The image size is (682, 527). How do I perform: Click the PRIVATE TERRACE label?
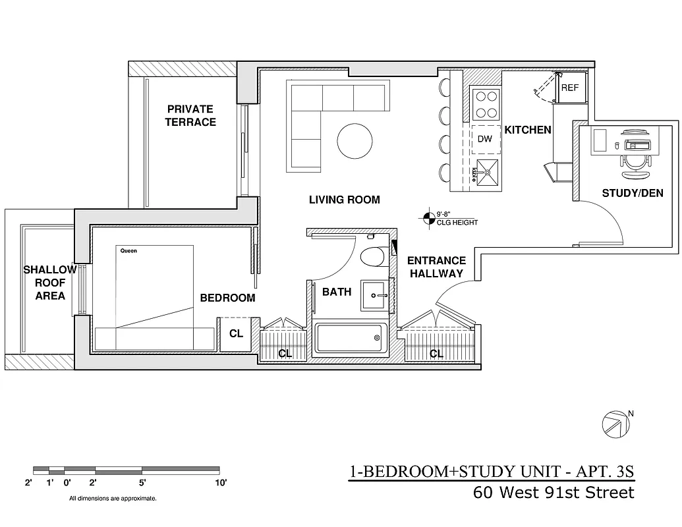(x=190, y=115)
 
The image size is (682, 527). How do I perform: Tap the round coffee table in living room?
(x=355, y=140)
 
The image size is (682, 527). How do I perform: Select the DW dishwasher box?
(x=485, y=139)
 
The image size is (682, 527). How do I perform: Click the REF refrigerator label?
(x=569, y=87)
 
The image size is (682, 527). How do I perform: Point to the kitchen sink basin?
(x=486, y=172)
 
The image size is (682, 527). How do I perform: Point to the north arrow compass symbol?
(x=614, y=424)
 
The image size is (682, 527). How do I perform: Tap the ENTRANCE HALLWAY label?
(x=436, y=267)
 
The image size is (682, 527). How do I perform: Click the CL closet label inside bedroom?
(x=236, y=334)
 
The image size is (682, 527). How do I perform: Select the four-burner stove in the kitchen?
(x=486, y=103)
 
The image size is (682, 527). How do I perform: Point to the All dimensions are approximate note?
(x=113, y=499)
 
